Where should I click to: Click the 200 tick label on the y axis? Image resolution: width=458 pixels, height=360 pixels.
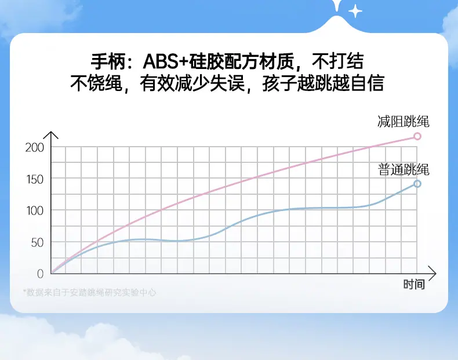34,148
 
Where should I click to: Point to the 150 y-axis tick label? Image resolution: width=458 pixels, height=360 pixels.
35,180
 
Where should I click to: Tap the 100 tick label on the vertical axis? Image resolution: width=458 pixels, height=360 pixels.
35,211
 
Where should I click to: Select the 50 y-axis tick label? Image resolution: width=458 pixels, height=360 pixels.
37,243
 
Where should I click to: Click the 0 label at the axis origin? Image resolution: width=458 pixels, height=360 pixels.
41,274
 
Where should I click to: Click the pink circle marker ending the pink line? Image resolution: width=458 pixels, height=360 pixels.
417,136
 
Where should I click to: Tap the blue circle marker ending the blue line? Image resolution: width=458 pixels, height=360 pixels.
417,184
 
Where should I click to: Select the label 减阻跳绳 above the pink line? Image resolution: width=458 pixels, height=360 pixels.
403,122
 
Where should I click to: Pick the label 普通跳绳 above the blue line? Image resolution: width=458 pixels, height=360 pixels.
404,170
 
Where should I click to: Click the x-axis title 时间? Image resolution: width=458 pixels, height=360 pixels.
414,284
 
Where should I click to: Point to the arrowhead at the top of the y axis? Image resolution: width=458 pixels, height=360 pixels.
51,132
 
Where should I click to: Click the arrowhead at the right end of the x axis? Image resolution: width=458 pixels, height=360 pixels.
435,274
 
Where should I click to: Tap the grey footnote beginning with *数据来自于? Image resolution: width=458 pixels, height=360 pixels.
90,292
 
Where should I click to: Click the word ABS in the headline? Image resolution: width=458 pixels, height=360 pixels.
161,61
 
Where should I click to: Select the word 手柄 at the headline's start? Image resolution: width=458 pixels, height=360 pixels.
108,61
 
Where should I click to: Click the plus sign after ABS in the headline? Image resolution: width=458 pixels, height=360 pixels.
184,61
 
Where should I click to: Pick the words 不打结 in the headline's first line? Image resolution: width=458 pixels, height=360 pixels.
338,61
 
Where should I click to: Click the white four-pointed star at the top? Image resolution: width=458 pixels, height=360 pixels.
355,12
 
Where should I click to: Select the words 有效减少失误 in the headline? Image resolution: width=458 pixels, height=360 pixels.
192,83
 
